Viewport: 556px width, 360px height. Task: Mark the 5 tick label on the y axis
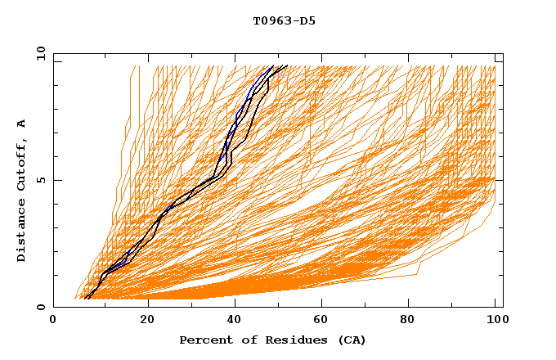(40, 180)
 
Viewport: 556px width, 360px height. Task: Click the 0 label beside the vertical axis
(40, 307)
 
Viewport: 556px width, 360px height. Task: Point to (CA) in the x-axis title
(352, 340)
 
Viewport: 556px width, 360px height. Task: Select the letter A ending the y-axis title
(21, 123)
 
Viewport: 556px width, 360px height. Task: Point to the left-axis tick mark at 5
(56, 180)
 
